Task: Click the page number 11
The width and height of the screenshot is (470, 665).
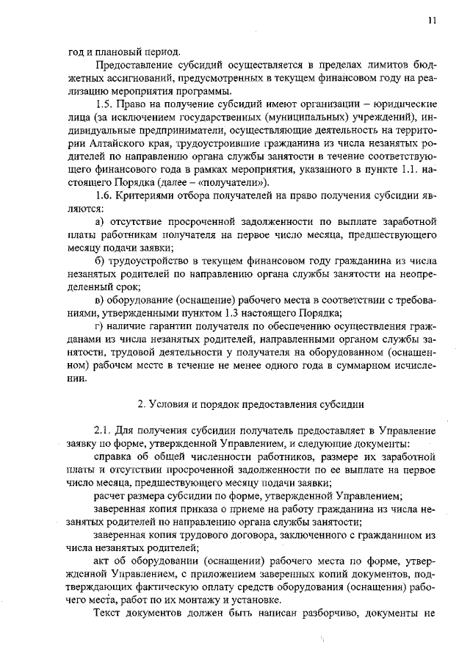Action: click(x=433, y=21)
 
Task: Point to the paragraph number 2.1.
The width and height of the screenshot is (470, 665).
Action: click(x=103, y=430)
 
